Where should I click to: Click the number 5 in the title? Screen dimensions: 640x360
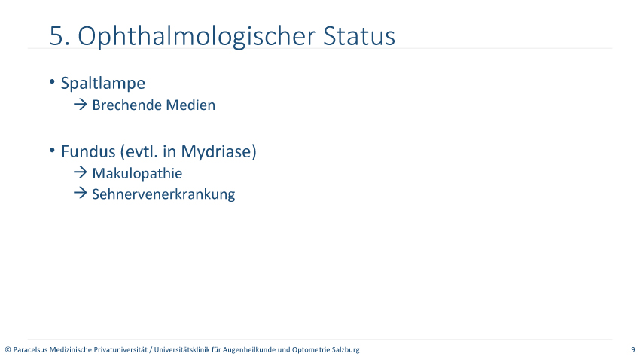point(56,36)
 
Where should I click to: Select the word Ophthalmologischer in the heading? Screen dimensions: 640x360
point(197,37)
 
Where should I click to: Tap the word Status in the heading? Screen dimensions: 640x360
point(359,36)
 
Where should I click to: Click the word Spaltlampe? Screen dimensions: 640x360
point(103,84)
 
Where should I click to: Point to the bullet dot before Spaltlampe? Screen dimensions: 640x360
point(52,81)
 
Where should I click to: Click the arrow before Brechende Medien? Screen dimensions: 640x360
point(81,105)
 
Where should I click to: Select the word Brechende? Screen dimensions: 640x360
point(126,105)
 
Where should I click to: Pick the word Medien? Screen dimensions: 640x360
point(190,105)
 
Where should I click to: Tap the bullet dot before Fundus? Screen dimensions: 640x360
point(52,150)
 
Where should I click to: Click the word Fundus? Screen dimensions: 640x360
point(88,151)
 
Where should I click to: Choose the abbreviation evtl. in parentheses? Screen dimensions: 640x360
point(139,152)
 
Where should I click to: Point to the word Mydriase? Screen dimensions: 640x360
point(216,152)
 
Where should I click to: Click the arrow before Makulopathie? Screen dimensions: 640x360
point(81,172)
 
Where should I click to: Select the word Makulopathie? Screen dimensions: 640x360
point(137,173)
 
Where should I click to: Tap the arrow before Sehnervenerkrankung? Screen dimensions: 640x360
point(81,193)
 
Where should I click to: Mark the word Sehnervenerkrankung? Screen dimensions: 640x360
point(163,194)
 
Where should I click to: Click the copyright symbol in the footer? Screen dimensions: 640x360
point(8,349)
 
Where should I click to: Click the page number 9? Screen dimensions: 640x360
point(633,349)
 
